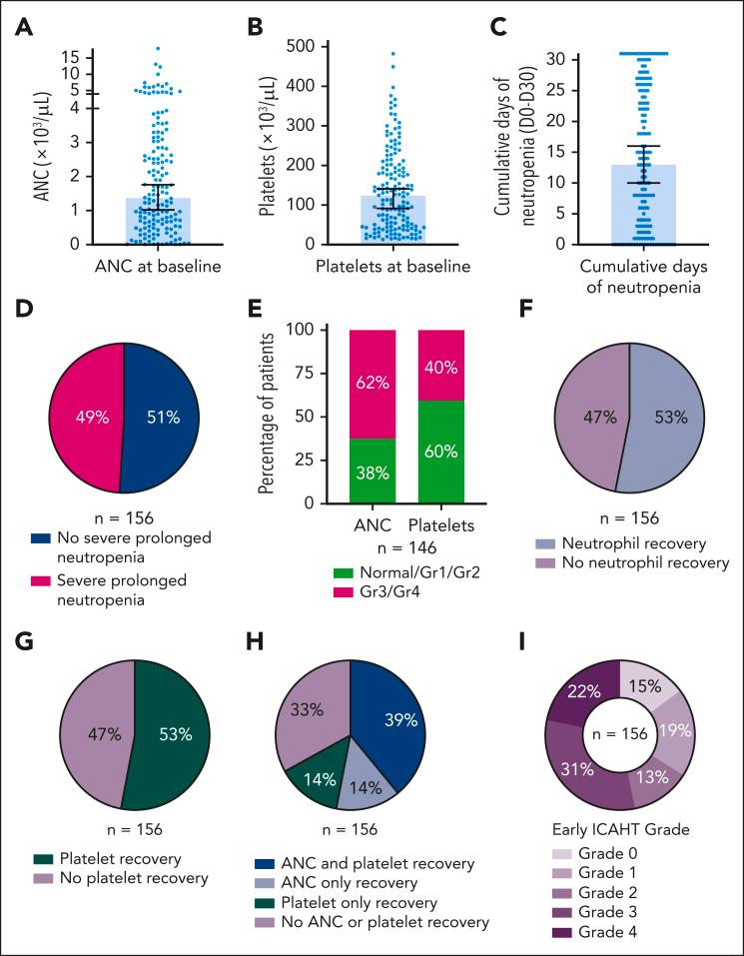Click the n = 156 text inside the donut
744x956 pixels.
(619, 734)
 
